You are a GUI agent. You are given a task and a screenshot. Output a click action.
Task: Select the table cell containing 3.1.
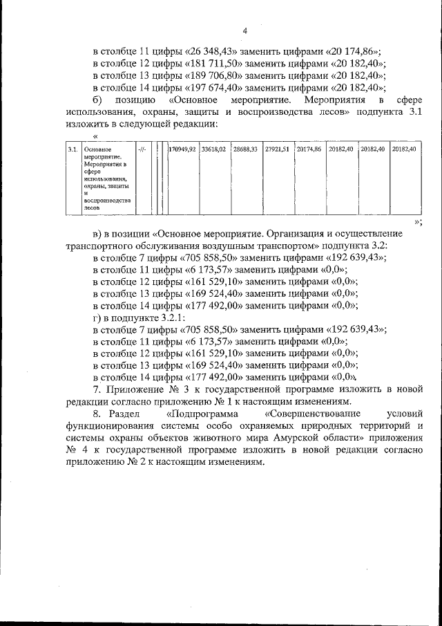71,149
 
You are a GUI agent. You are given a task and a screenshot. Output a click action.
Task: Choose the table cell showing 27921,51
277,149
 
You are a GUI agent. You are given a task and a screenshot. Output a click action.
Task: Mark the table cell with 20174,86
309,149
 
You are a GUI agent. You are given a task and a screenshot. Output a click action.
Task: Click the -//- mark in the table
142,149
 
